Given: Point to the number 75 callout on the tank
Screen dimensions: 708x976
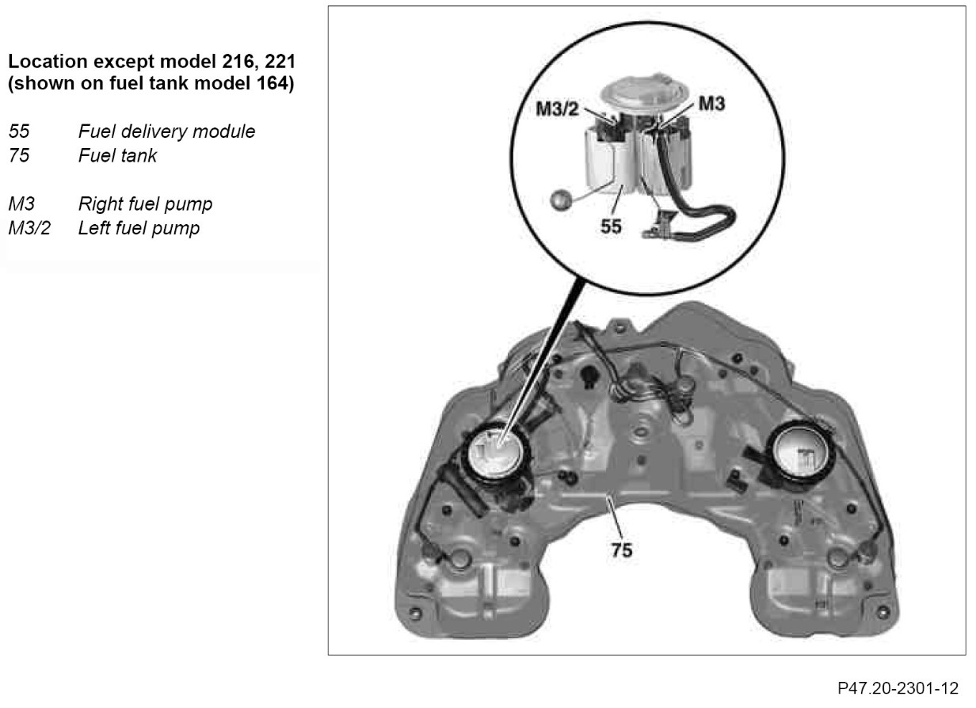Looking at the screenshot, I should pos(622,549).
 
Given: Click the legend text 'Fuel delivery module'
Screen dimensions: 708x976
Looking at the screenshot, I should pos(166,132).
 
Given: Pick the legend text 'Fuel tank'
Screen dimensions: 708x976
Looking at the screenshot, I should pos(117,156).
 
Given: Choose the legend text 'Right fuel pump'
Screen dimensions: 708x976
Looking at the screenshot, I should pos(145,204).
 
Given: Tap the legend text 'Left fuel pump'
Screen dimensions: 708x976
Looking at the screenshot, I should pos(139,229).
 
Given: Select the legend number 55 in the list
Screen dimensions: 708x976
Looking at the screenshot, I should pos(18,132).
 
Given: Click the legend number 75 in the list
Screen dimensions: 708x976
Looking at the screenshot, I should pos(18,156).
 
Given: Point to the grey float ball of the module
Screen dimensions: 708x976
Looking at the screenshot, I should pos(562,198).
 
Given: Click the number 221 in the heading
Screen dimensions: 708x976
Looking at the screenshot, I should pos(278,61).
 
